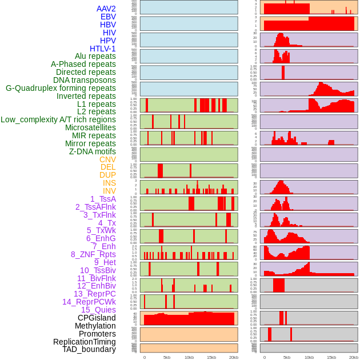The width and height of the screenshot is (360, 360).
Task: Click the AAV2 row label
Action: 106,9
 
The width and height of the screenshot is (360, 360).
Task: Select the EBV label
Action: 108,17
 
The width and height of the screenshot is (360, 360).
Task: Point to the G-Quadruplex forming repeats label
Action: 61,88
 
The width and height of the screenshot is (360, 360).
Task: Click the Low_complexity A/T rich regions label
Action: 58,119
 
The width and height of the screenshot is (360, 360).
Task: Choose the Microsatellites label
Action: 90,127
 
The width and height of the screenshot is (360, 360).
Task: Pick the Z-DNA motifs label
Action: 92,151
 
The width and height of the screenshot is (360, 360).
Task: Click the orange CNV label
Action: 107,159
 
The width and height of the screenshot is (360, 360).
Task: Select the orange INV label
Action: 109,191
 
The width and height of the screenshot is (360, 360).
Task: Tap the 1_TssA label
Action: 103,199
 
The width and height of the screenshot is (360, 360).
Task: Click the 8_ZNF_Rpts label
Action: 93,254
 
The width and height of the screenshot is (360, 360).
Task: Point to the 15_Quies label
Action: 97,310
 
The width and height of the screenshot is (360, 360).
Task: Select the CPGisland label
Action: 97,318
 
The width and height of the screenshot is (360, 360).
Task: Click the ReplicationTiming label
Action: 85,342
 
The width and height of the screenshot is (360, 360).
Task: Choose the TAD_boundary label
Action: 89,349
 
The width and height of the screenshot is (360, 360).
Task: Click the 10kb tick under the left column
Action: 189,357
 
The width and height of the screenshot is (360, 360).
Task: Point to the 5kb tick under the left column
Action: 167,357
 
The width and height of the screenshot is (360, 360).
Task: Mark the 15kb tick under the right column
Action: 331,357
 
